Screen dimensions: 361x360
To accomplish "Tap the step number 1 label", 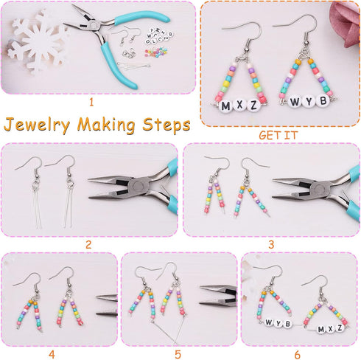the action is [x=91, y=103].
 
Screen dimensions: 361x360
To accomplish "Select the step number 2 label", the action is [x=88, y=245].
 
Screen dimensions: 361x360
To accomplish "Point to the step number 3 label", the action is [x=271, y=245].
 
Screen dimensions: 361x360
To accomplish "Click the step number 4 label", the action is [x=52, y=355].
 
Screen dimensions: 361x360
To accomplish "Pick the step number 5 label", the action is [x=178, y=355].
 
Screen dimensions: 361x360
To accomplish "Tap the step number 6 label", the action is [x=297, y=355].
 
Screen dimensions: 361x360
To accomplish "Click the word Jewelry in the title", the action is [x=37, y=125].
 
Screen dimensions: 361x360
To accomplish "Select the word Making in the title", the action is [x=106, y=125].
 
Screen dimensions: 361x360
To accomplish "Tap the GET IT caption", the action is [x=278, y=135].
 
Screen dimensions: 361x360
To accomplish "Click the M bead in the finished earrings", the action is [x=225, y=106].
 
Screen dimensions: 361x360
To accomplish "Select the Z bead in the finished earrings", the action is [x=253, y=105].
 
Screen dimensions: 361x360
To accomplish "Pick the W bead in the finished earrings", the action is [x=295, y=102].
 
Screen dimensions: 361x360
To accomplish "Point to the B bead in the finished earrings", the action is [x=323, y=100].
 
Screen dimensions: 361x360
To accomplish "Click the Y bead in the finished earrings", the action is [x=309, y=101].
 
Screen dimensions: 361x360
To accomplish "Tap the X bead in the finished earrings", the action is [x=239, y=105].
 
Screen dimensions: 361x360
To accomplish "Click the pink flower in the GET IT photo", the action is [x=345, y=24].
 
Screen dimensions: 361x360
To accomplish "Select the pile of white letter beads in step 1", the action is [x=159, y=36].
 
